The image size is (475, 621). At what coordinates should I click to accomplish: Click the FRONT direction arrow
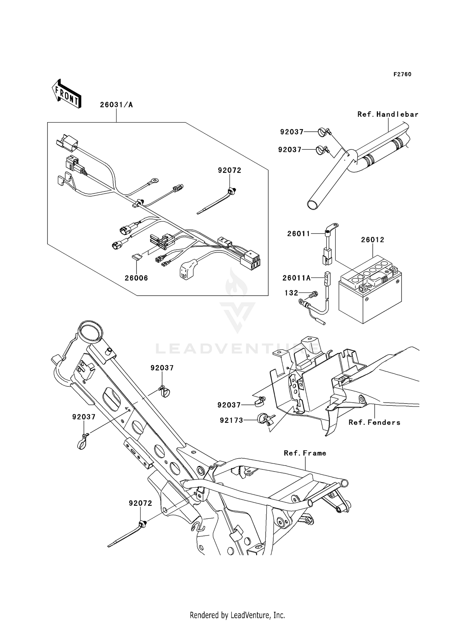[x=66, y=94]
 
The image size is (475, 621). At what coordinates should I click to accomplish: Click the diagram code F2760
[x=402, y=74]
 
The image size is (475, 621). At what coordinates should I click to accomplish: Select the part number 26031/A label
[x=116, y=105]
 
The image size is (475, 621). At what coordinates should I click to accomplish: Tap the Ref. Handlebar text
[x=388, y=114]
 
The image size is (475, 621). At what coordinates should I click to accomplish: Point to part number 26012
[x=372, y=240]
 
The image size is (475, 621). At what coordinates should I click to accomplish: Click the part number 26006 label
[x=136, y=278]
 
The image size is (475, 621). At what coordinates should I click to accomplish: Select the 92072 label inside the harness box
[x=229, y=170]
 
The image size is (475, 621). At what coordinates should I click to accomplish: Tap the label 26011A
[x=296, y=278]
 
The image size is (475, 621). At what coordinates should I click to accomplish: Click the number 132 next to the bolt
[x=291, y=293]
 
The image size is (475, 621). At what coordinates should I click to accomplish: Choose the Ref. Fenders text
[x=374, y=422]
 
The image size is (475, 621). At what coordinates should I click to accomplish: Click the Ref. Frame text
[x=305, y=453]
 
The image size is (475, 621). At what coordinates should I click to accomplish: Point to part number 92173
[x=231, y=420]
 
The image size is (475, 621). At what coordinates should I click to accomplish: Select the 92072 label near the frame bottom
[x=140, y=503]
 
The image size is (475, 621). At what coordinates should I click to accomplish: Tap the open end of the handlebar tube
[x=313, y=204]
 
